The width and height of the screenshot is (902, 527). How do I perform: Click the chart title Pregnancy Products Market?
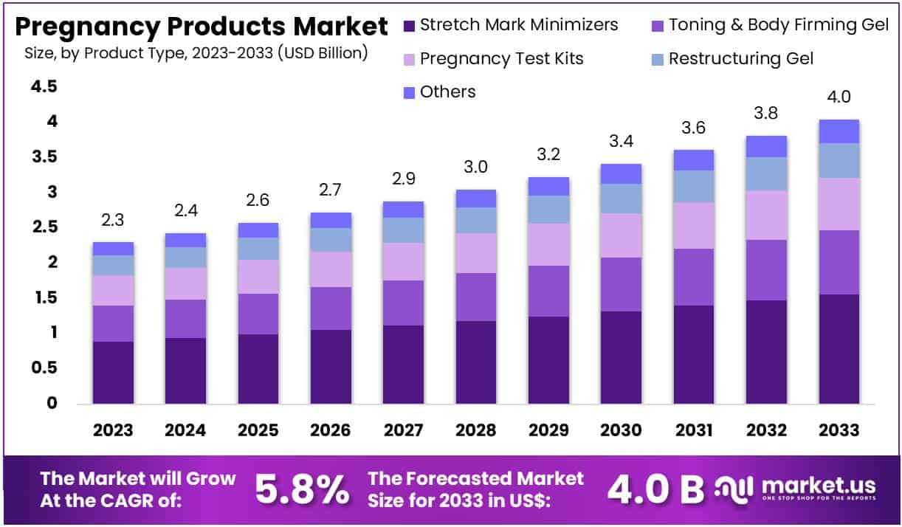201,27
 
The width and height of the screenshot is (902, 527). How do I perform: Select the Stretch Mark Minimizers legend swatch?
410,25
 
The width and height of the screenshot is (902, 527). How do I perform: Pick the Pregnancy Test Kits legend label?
501,58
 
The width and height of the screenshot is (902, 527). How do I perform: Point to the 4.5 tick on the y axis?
43,87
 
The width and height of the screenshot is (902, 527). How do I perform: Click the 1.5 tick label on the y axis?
43,297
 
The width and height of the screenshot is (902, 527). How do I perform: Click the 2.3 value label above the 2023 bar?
113,219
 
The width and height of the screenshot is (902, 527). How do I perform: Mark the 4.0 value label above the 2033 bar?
839,97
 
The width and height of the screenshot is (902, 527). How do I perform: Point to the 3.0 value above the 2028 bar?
475,167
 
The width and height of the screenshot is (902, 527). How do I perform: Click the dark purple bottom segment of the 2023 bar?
113,372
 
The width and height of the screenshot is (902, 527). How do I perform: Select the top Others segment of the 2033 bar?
839,131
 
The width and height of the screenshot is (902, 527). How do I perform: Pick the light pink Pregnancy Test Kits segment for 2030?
621,235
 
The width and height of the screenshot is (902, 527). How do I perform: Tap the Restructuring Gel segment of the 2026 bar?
330,239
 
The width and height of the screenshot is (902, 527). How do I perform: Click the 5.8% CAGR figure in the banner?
302,488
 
